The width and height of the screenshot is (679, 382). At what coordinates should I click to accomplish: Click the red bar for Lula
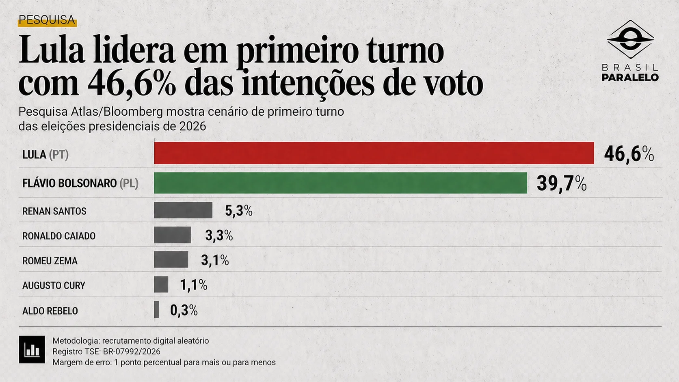tap(374, 153)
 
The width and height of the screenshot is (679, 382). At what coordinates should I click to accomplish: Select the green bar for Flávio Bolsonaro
tap(340, 183)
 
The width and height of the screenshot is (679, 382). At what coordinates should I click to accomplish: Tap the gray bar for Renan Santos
tap(183, 210)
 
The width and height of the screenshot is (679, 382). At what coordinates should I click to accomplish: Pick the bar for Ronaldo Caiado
tap(172, 235)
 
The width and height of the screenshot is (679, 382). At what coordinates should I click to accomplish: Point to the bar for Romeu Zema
tap(171, 260)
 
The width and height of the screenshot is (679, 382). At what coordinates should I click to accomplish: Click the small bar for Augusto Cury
tap(161, 284)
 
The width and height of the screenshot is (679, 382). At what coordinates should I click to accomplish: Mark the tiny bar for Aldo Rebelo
tap(156, 310)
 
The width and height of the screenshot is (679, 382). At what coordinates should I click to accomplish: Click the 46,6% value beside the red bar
tap(629, 154)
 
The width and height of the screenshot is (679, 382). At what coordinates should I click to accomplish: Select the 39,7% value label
tap(561, 183)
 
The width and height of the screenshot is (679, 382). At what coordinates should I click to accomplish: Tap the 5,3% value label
tap(238, 211)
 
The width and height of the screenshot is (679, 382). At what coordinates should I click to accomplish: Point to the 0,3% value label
tap(184, 311)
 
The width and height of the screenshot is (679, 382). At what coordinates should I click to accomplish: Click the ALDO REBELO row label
tap(50, 311)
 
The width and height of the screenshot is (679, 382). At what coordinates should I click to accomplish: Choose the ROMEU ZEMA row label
tap(50, 261)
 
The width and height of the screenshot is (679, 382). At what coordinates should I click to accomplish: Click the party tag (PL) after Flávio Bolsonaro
tap(129, 183)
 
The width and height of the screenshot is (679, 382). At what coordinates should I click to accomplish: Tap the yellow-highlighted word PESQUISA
tap(47, 20)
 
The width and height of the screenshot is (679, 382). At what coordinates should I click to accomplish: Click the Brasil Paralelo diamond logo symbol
tap(630, 40)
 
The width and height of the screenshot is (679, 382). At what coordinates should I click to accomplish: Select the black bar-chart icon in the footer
tap(32, 350)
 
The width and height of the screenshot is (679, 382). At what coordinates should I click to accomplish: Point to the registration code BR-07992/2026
tap(132, 352)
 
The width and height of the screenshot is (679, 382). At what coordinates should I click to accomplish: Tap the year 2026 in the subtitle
tap(192, 126)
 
